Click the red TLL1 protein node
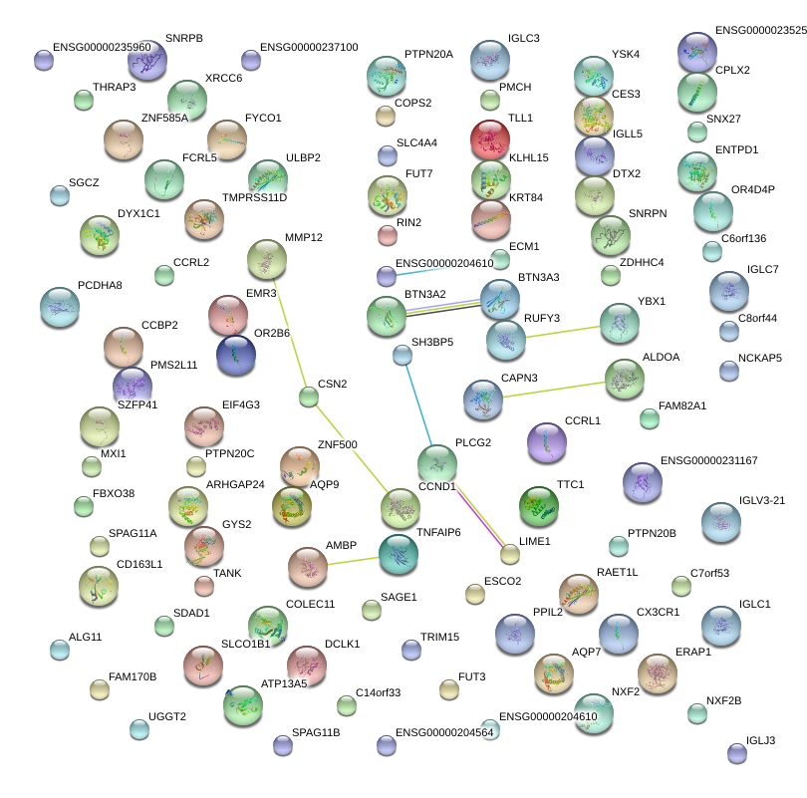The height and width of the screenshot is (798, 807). click(490, 139)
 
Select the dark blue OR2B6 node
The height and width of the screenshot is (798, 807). click(236, 356)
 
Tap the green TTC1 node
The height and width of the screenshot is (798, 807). click(539, 506)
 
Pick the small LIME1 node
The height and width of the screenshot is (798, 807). click(510, 554)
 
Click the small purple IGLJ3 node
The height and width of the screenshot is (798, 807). click(736, 753)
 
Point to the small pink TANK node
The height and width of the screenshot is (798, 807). click(204, 585)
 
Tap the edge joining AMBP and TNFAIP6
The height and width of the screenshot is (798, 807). click(353, 561)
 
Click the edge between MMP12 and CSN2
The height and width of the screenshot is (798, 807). click(288, 330)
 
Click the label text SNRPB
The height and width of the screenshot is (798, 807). click(184, 38)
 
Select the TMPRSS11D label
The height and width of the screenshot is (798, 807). click(254, 197)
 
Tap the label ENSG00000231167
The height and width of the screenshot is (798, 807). click(709, 461)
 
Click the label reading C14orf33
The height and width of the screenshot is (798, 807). click(378, 692)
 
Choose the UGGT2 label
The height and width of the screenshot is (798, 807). click(167, 716)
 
